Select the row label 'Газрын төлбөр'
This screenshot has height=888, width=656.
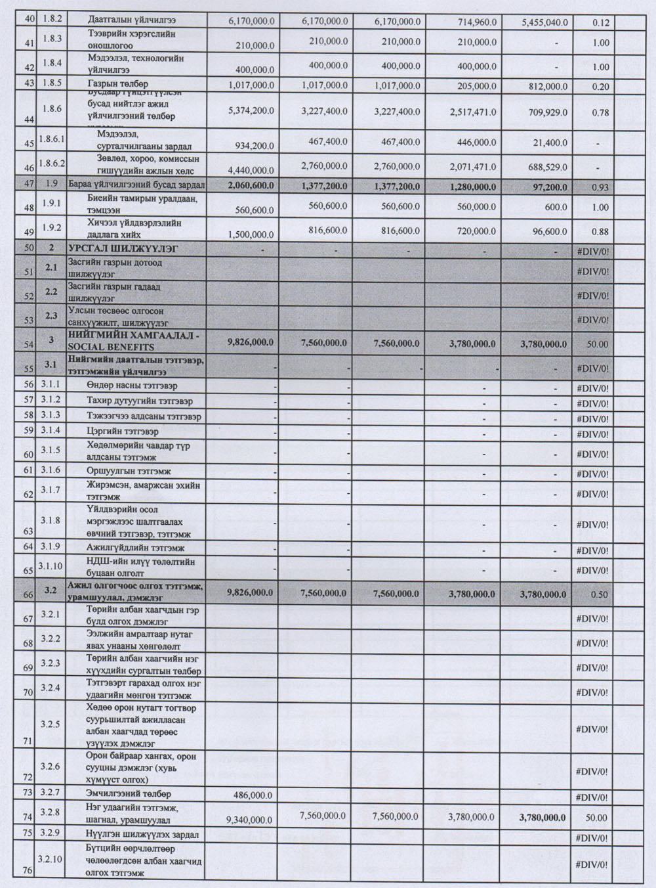117,84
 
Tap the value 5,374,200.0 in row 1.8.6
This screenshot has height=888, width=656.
251,112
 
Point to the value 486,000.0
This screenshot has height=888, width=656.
253,795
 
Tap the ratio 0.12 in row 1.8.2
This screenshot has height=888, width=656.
600,23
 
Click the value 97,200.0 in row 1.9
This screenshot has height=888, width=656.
547,187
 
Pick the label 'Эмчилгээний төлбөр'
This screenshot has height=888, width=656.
129,793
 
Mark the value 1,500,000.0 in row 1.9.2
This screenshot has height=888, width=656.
251,234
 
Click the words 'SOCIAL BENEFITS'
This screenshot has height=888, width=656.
111,347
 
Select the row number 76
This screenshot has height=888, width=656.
28,871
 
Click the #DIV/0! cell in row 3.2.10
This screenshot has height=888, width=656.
592,864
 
